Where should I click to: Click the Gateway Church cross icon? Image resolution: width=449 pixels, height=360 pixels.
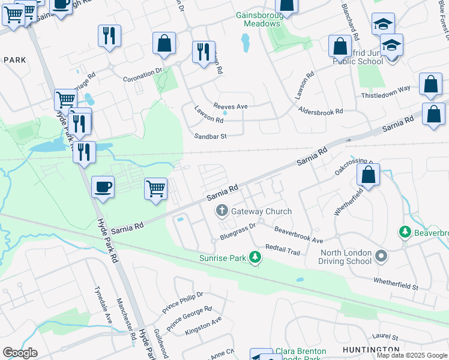(x=221, y=211)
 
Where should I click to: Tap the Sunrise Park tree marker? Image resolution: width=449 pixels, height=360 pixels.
(x=256, y=258)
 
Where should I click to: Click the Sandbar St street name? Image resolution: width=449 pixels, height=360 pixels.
(x=210, y=136)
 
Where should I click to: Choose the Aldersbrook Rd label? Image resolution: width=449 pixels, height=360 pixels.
(x=321, y=112)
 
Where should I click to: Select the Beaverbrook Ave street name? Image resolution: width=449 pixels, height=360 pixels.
(x=298, y=235)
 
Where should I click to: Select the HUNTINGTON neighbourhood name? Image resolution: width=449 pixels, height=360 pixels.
(x=371, y=349)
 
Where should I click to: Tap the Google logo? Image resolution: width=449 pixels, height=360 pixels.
(x=20, y=353)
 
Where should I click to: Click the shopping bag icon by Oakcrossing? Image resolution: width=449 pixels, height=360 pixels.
(x=369, y=175)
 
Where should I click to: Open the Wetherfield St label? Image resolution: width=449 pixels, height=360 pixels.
(x=395, y=283)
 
